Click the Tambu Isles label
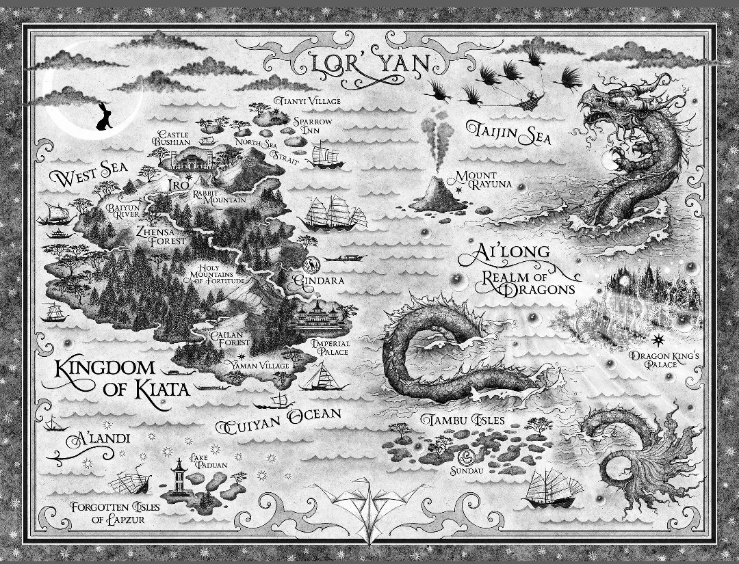tap(453, 418)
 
